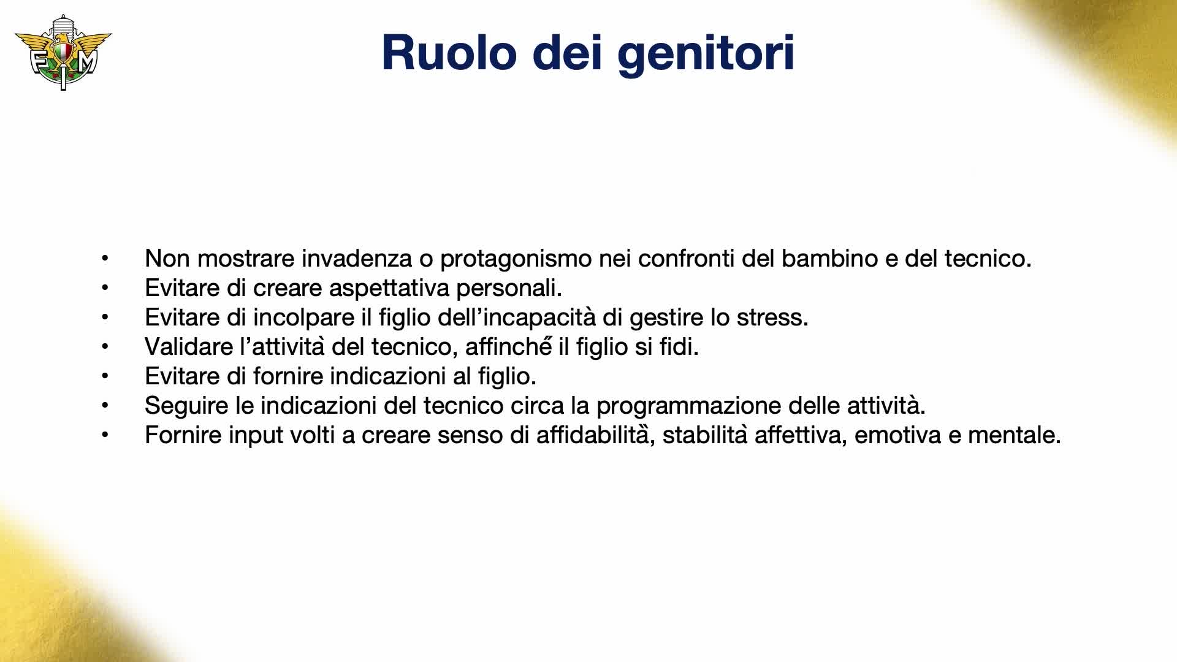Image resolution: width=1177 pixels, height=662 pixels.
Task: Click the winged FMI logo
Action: tap(63, 53)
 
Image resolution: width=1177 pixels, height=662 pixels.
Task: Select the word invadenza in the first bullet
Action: tap(357, 259)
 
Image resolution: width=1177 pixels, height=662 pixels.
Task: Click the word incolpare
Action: tap(303, 318)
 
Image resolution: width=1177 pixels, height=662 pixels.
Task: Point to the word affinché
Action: tap(509, 347)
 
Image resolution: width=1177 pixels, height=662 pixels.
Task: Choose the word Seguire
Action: tap(186, 406)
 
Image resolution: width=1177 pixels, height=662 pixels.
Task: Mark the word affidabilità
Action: tap(592, 435)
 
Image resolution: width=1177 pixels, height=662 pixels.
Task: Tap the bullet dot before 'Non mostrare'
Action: tap(105, 258)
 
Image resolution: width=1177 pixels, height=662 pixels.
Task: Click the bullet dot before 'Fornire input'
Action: tap(105, 435)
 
